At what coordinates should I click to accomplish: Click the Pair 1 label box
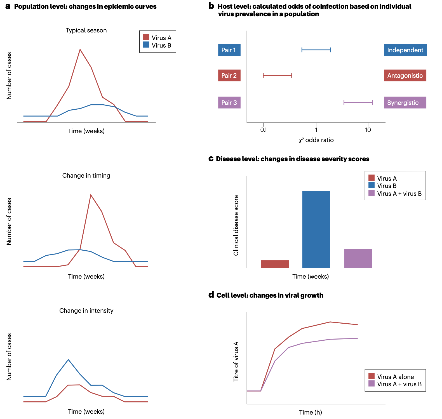(229, 50)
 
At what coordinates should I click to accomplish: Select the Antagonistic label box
(405, 76)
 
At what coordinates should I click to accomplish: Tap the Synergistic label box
(405, 103)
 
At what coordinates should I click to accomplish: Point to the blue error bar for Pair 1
(316, 50)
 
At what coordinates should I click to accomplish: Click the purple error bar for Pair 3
(358, 103)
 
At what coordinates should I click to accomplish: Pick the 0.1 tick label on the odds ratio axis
(263, 130)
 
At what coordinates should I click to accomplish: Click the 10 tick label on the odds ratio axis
(368, 130)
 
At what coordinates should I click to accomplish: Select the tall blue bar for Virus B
(316, 229)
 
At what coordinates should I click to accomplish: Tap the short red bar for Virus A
(275, 264)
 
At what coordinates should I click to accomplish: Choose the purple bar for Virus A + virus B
(358, 258)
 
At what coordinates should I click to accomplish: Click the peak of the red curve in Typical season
(80, 50)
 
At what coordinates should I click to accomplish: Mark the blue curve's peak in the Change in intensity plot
(68, 360)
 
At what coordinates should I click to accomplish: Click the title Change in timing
(86, 176)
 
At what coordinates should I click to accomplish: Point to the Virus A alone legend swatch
(371, 376)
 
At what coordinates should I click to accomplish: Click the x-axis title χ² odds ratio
(316, 140)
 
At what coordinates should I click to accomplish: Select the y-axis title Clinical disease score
(236, 225)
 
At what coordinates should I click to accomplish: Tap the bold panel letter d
(211, 295)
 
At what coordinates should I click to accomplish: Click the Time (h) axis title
(311, 412)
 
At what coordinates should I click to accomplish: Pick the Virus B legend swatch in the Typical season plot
(146, 45)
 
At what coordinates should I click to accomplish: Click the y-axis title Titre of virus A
(236, 361)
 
